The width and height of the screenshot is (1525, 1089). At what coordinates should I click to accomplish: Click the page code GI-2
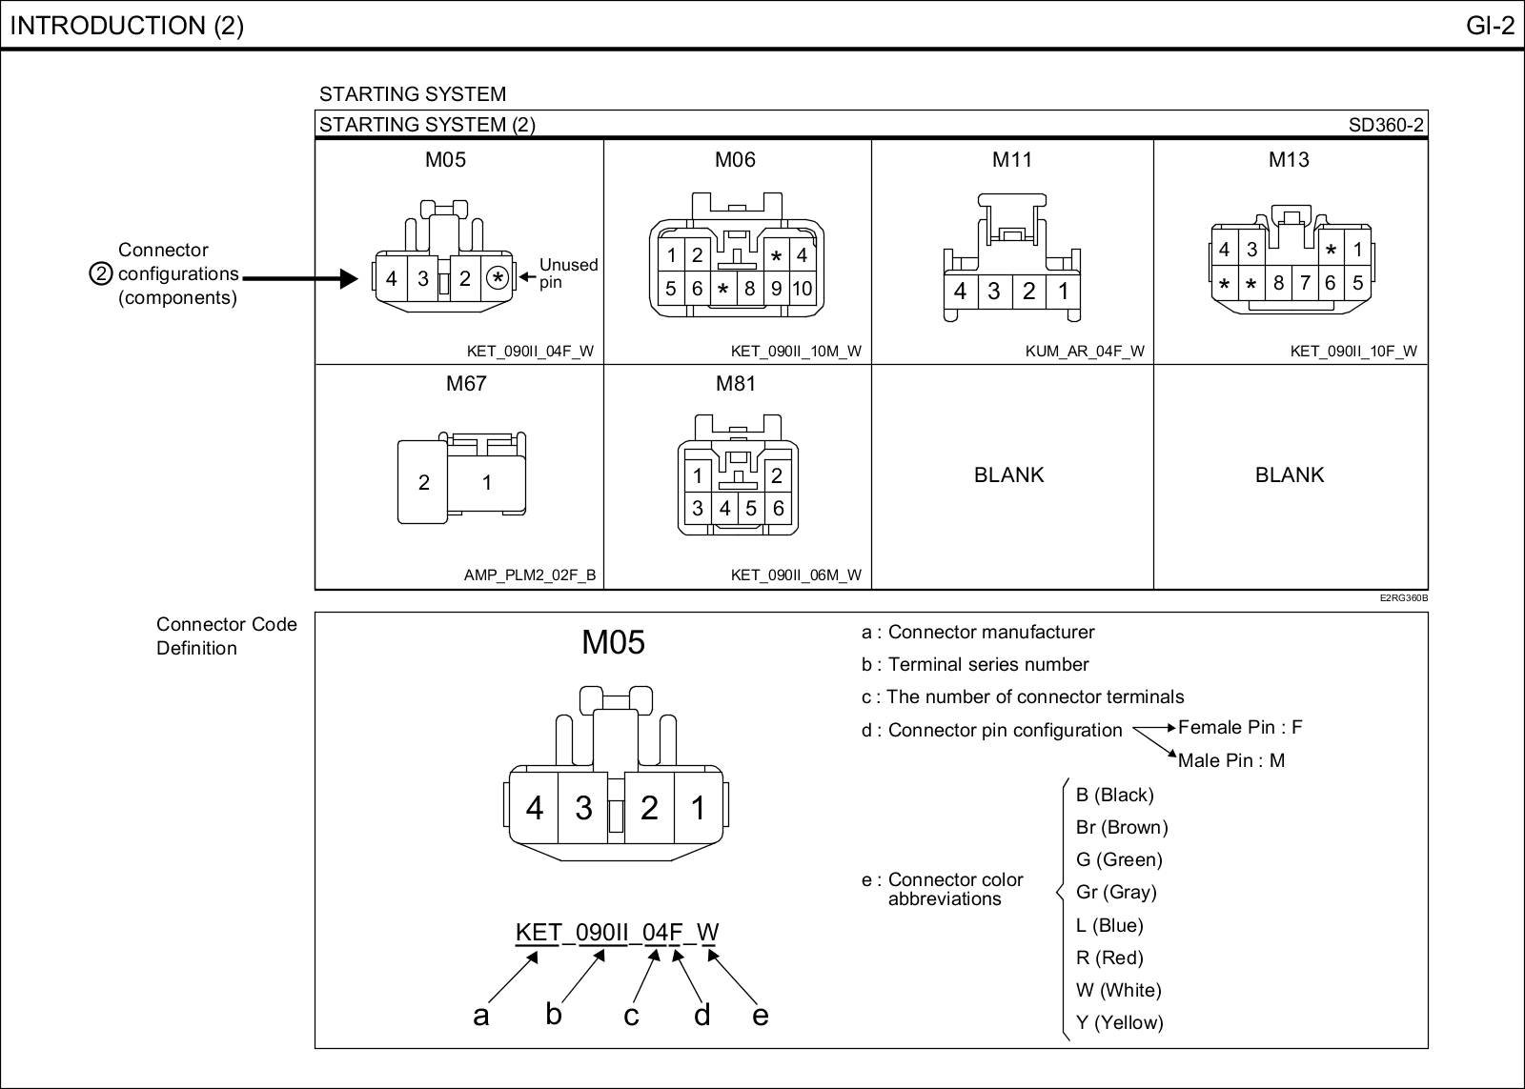coord(1489,26)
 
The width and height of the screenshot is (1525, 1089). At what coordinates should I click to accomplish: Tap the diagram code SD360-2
coord(1386,125)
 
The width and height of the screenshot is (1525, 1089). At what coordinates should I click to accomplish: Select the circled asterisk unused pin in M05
coord(498,278)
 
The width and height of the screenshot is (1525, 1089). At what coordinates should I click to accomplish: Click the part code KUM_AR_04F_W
coord(1085,351)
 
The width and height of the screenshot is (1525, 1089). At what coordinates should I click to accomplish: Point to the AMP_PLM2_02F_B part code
coord(530,575)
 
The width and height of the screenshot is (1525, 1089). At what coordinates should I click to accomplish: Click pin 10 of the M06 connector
coord(803,288)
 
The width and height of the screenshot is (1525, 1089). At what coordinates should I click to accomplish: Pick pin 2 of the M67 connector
coord(424,483)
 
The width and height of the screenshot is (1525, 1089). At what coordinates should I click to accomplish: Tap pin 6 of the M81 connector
coord(779,509)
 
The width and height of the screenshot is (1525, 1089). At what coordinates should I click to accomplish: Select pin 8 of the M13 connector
coord(1279,283)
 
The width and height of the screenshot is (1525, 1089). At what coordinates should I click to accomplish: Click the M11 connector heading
coord(1012,160)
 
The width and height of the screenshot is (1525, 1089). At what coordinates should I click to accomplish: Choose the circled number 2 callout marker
coord(101,274)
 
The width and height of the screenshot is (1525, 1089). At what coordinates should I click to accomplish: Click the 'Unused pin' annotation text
coord(568,273)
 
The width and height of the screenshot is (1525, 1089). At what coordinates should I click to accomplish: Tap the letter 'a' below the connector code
coord(481,1016)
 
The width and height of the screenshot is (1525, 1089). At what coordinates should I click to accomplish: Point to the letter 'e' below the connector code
coord(760,1016)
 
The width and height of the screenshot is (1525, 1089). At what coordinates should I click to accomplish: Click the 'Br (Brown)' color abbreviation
coord(1121,827)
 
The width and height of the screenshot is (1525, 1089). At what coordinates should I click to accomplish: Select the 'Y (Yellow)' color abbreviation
coord(1119,1022)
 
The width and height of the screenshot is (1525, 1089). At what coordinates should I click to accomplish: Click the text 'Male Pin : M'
coord(1230,760)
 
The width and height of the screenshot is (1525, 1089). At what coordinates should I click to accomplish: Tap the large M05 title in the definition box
coord(613,643)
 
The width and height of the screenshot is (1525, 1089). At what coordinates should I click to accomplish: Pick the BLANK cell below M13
coord(1289,474)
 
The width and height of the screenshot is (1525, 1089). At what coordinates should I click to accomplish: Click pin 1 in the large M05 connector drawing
coord(699,808)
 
